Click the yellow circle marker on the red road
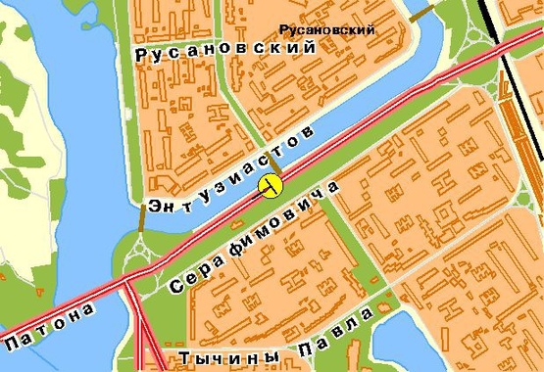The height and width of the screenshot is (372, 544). coord(271,186)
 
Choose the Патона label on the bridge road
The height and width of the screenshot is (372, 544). coord(51,327)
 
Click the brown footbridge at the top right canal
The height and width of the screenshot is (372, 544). coord(421,13)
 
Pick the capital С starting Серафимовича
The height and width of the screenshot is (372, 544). coord(176,287)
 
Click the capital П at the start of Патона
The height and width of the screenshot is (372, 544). coord(13,345)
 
